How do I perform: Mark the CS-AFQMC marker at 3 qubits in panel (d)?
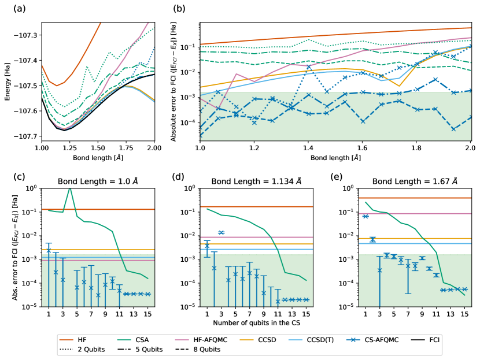click(221, 232)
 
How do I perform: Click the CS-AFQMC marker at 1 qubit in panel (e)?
click(365, 216)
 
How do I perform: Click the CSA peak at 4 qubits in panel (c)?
click(70, 188)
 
